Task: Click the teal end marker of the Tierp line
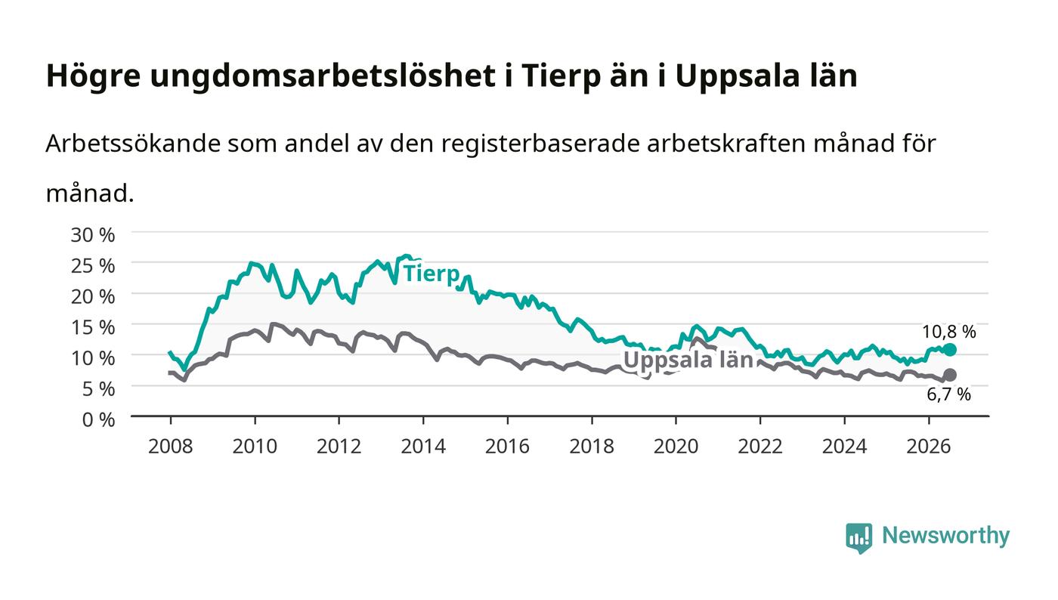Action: click(x=950, y=350)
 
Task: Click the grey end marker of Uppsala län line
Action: click(x=950, y=375)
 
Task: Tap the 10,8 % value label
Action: click(x=949, y=332)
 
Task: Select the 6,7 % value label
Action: click(x=948, y=394)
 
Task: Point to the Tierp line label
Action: click(x=432, y=274)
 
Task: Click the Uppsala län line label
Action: click(x=688, y=360)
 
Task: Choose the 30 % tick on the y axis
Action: click(x=92, y=235)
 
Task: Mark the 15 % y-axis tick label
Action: click(x=92, y=327)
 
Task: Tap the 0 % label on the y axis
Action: click(x=98, y=419)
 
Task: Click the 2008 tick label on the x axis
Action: click(x=171, y=447)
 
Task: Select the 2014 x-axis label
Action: click(x=423, y=447)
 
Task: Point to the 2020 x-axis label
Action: click(x=676, y=447)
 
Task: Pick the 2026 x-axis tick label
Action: click(x=929, y=447)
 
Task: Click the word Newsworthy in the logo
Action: click(x=945, y=536)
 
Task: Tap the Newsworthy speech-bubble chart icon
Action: click(x=858, y=538)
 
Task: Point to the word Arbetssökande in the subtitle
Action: click(x=133, y=144)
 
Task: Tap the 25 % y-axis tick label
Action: click(x=92, y=266)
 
